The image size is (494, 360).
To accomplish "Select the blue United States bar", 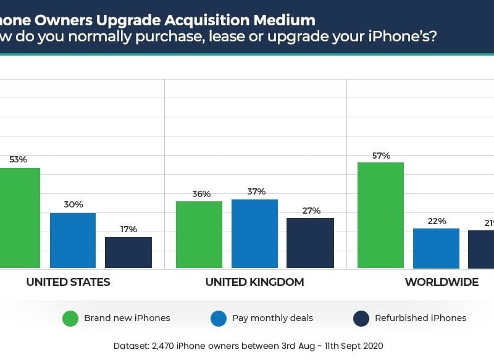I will click(73, 240).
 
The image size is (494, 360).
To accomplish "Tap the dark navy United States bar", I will click(128, 253).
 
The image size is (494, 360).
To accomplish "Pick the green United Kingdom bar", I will click(199, 235).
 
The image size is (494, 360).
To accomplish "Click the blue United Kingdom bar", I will click(254, 233).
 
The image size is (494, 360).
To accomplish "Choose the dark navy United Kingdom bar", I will click(310, 243).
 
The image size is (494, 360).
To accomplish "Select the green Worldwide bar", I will click(380, 216).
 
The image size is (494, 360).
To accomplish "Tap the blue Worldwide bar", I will click(436, 248).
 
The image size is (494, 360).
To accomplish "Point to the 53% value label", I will click(18, 159).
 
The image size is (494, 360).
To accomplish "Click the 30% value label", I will click(73, 204).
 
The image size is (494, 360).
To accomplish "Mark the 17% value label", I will click(128, 229).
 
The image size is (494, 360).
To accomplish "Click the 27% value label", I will click(311, 211).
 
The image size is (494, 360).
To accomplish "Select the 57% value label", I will click(381, 156).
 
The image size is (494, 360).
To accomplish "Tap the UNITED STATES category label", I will click(68, 282).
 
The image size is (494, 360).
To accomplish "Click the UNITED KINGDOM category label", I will click(254, 282).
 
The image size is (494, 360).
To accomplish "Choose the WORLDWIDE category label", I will click(441, 282).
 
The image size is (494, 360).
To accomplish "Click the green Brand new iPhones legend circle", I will click(70, 319).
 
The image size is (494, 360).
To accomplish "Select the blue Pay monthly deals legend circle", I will click(219, 319).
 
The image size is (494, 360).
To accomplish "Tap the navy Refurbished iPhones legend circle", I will click(361, 319).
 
